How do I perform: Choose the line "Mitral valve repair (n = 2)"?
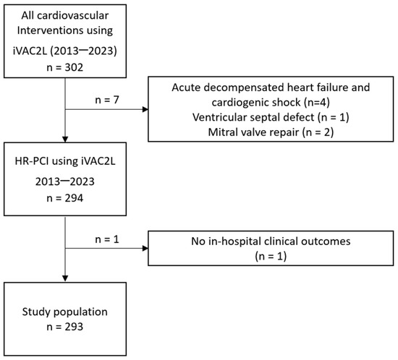coord(271,133)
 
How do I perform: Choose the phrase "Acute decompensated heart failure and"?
coord(271,87)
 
